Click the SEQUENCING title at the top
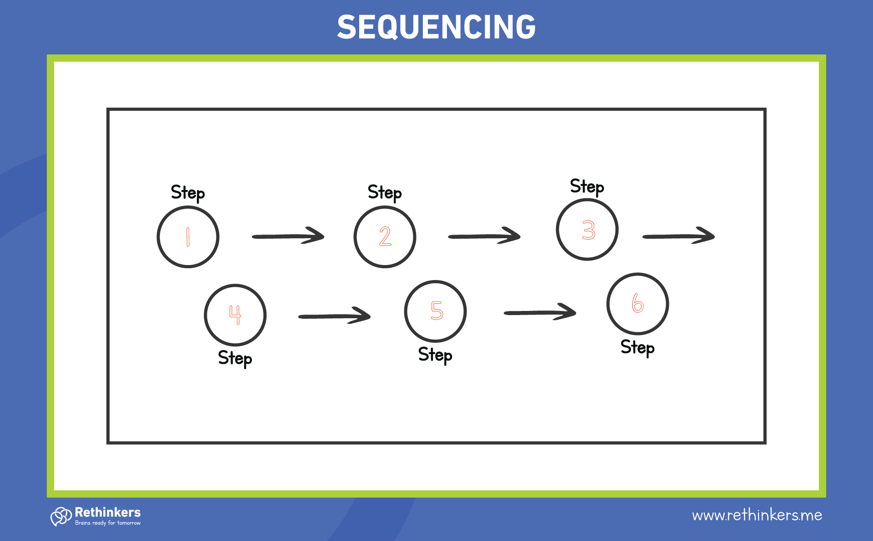436,27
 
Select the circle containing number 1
188,237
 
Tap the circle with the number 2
385,237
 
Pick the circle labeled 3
587,230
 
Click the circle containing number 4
235,315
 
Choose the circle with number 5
435,311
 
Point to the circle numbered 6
637,304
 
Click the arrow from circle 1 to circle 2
288,236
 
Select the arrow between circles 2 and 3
484,236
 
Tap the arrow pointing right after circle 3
678,236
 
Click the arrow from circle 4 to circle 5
334,316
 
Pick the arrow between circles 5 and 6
540,312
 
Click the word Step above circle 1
188,193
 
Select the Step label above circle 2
385,193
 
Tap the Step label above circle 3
587,186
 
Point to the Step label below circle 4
235,358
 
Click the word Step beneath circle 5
435,355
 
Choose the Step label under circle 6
637,348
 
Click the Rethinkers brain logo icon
61,516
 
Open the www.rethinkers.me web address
757,515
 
